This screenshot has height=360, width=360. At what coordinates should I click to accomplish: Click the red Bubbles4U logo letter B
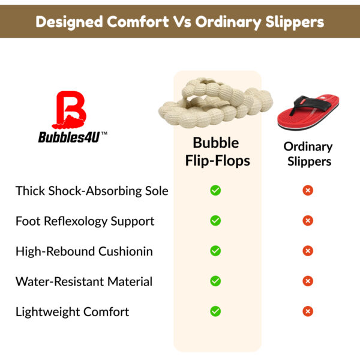click(x=71, y=108)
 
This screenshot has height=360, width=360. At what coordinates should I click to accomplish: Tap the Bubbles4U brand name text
click(x=68, y=136)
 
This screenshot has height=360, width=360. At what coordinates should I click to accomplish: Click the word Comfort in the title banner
click(x=140, y=22)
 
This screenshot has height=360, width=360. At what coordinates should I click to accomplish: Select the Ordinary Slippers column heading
click(x=308, y=154)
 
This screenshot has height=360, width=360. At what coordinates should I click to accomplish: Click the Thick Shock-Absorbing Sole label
click(x=92, y=191)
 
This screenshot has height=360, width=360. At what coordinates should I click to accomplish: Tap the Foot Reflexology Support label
click(x=85, y=221)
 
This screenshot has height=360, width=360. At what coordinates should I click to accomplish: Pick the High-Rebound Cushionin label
click(x=84, y=251)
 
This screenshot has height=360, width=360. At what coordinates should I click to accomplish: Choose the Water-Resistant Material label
click(x=84, y=281)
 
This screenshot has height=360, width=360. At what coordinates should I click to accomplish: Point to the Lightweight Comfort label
click(x=72, y=312)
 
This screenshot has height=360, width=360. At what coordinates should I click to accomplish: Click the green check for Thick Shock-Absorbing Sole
click(x=215, y=190)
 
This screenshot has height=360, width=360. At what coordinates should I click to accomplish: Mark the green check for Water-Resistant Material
click(x=215, y=281)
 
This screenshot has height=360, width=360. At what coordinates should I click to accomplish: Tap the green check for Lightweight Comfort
click(x=215, y=311)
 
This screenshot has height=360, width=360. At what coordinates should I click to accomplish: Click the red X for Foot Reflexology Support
click(x=308, y=221)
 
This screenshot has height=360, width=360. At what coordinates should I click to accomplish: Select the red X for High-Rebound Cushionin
click(x=308, y=251)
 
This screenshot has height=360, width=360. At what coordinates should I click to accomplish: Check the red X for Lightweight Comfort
click(x=308, y=311)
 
